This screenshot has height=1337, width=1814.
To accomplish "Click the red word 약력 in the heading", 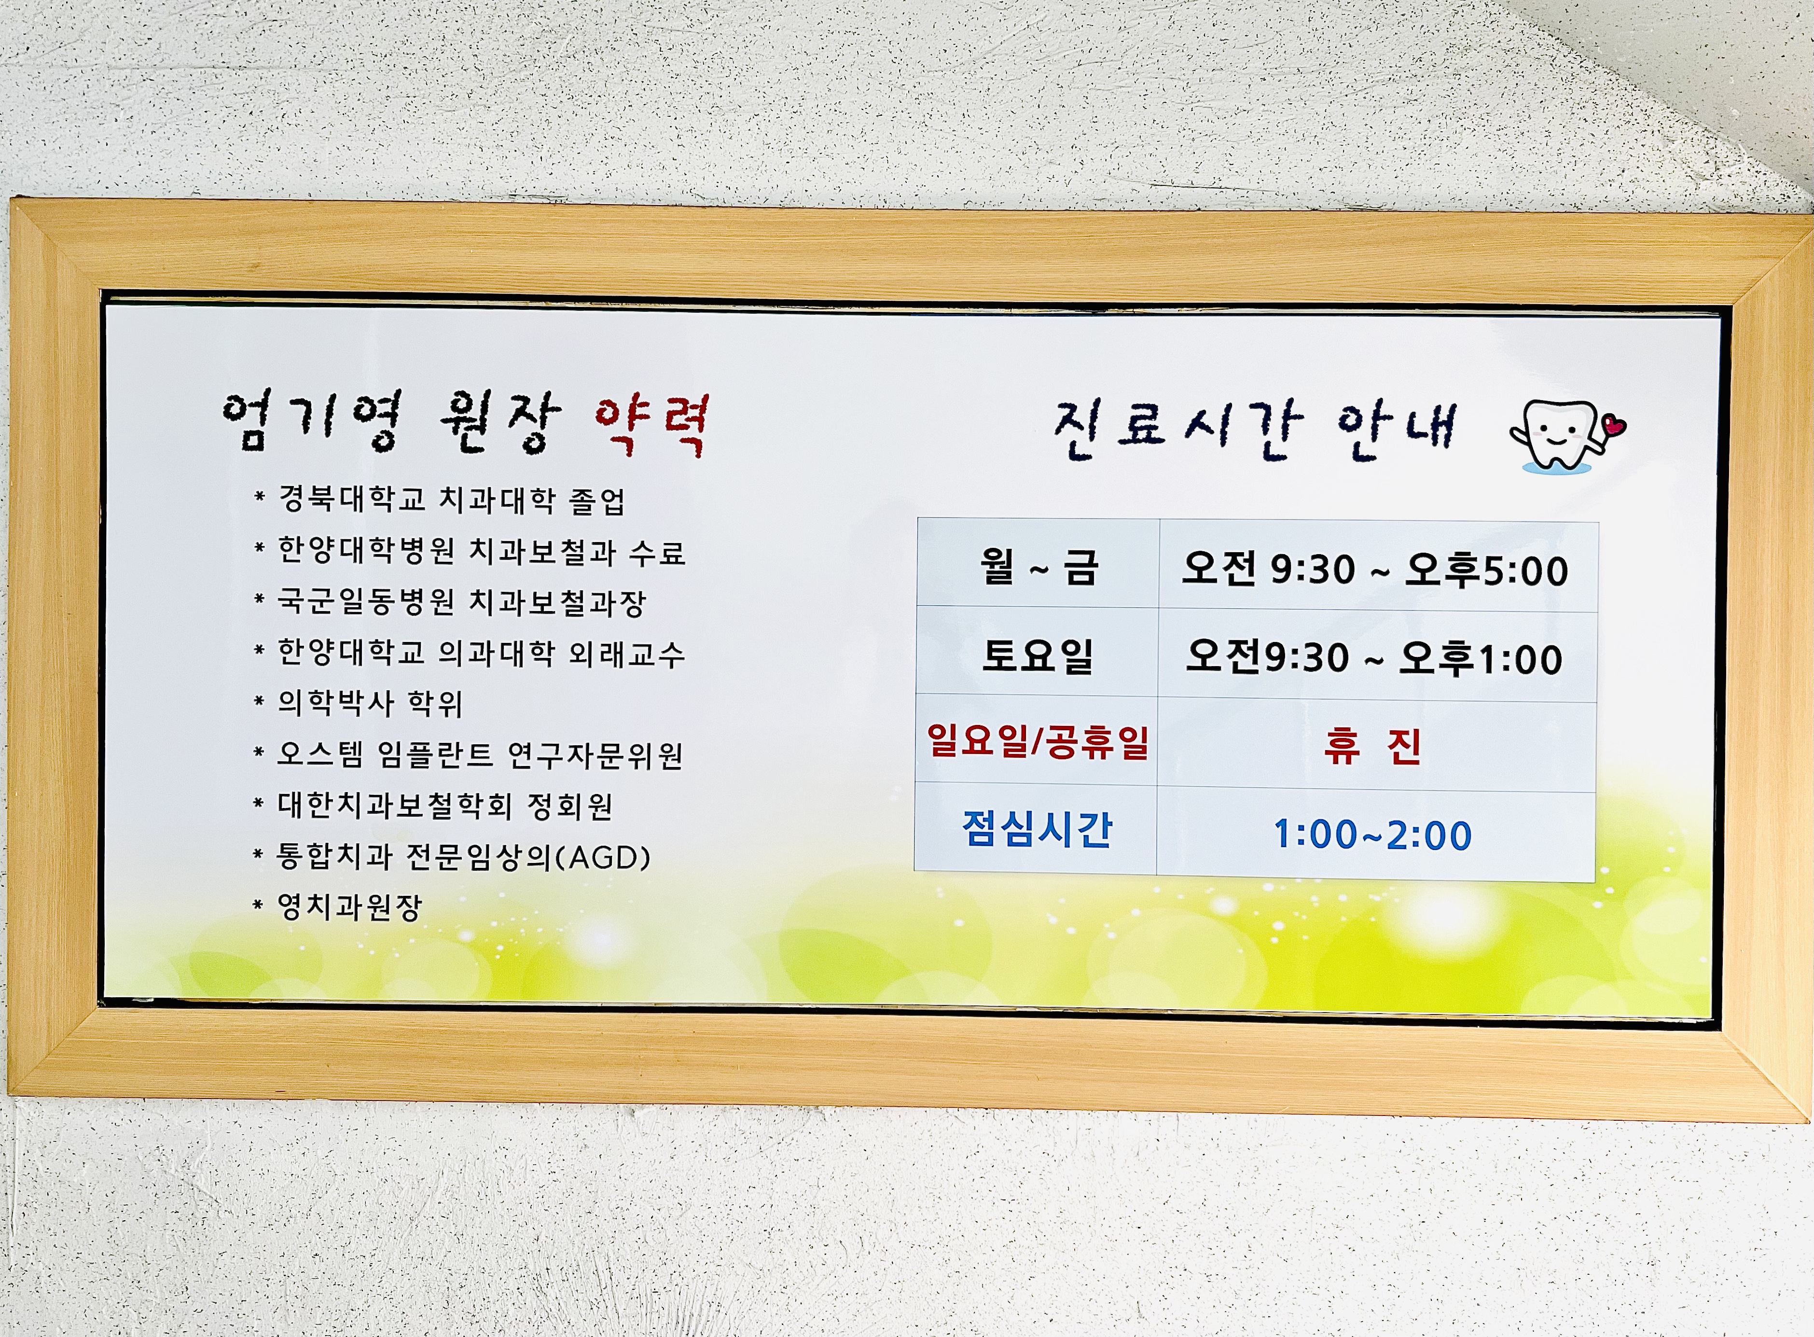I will point(652,424).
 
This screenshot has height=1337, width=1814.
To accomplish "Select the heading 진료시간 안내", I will point(1255,430).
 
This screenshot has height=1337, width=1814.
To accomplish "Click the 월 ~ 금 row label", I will point(1038,567).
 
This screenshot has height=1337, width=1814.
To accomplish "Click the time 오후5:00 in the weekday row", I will point(1486,571).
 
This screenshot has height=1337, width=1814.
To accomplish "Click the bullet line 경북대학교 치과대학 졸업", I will point(452,500).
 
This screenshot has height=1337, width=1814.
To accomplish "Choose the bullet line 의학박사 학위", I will point(370,702).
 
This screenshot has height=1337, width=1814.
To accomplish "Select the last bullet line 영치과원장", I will point(349,906).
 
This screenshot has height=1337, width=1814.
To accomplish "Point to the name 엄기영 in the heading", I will point(312,421).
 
